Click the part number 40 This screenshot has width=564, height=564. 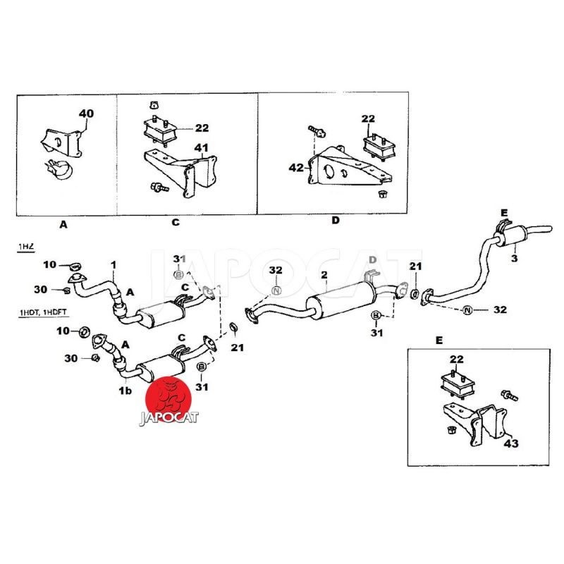coord(85,114)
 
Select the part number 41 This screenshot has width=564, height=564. coord(202,148)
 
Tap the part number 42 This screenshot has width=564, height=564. coord(296,167)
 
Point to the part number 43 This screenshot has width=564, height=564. coord(510,444)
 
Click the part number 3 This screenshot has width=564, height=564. coord(514,259)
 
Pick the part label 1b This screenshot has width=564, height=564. coord(125,390)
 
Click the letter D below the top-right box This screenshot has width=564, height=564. coord(336,221)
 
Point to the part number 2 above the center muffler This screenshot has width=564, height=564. coord(324,274)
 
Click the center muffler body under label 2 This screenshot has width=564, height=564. coord(339,300)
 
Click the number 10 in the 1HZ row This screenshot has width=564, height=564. coord(49,264)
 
